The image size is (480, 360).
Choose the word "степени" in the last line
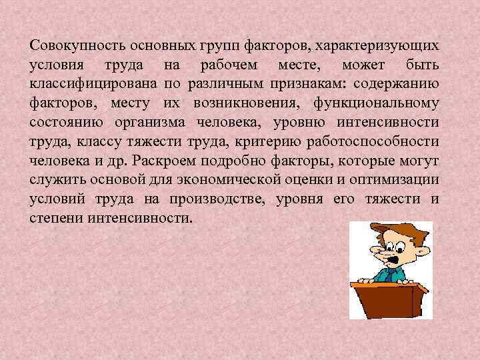pos(53,219)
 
